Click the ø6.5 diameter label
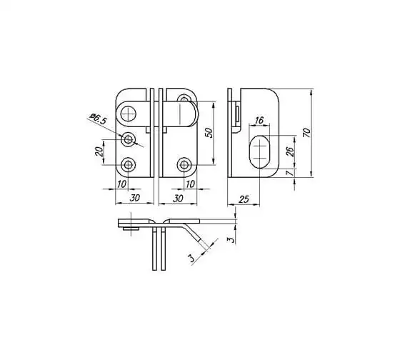click(98, 119)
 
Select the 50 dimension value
click(209, 133)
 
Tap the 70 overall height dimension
click(306, 132)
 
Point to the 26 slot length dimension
click(290, 151)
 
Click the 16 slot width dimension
click(259, 120)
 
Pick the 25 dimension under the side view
click(244, 199)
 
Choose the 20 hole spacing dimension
click(99, 151)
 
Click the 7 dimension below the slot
click(289, 174)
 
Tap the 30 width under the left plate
click(134, 198)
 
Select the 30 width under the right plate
click(178, 199)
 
